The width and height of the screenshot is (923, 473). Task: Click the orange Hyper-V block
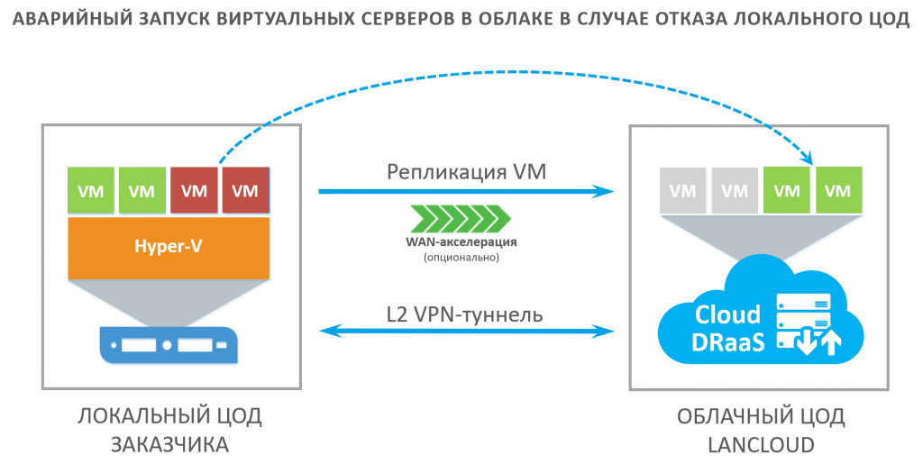coord(169,248)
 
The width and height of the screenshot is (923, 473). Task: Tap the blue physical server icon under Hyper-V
coord(169,345)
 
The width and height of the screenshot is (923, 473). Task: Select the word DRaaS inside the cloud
coord(728,342)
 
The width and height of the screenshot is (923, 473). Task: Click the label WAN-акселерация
coord(461,241)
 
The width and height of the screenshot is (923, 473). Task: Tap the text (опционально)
coord(461,257)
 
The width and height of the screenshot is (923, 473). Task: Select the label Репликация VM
coord(466,171)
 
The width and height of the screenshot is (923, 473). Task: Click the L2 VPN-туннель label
coord(464,314)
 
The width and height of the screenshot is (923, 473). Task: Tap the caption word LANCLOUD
coord(761,445)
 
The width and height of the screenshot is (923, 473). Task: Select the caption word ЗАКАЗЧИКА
coord(170,445)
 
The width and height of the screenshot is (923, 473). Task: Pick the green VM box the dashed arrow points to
coord(838,190)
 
